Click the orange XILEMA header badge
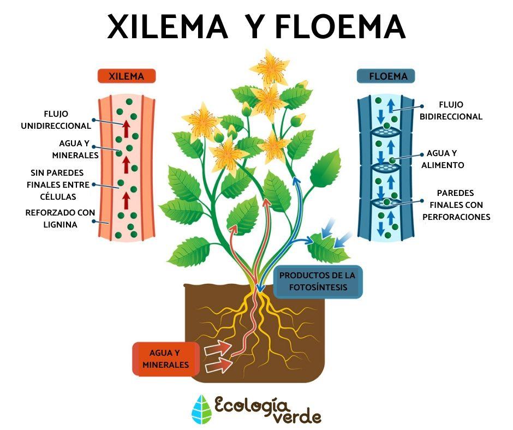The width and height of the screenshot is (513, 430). (x=126, y=76)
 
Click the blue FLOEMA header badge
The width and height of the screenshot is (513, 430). (x=386, y=76)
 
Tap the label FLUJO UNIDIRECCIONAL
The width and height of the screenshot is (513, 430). (x=56, y=120)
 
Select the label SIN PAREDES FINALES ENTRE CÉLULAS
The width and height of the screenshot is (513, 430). (x=58, y=184)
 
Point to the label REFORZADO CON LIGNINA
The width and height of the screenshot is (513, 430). (x=60, y=218)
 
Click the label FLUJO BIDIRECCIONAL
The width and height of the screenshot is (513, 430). (x=451, y=111)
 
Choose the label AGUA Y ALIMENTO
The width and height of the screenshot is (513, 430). (x=443, y=159)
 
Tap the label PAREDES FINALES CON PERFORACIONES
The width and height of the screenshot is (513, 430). (x=456, y=205)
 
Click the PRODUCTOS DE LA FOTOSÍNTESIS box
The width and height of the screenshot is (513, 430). (x=318, y=282)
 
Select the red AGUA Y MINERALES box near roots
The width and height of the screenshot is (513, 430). (x=166, y=359)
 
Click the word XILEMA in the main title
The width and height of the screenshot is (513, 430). (x=167, y=27)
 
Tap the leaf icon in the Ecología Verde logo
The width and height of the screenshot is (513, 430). (x=201, y=409)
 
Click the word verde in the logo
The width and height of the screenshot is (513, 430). (x=297, y=417)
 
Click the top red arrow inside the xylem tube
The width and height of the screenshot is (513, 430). (x=126, y=129)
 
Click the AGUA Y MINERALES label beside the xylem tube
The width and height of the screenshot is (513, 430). (x=75, y=149)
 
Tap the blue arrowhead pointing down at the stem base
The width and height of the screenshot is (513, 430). (x=260, y=288)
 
